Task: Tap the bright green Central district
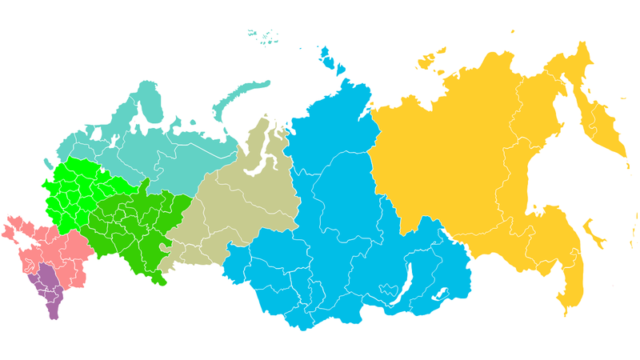point(72,196)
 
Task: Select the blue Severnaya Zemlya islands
point(326,58)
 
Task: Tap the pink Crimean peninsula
point(11,233)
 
